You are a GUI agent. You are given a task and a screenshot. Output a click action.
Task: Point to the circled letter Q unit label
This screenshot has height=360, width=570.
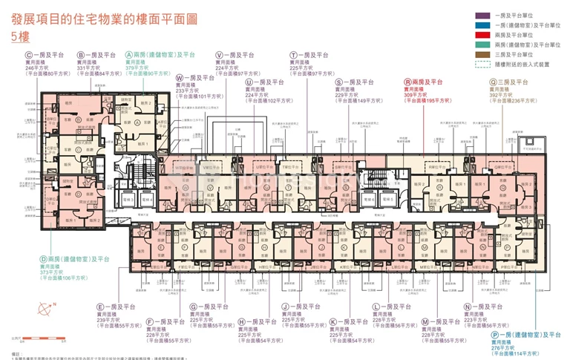pos(493,82)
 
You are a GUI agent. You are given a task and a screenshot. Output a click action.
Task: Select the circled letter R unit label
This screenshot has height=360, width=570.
pos(407,82)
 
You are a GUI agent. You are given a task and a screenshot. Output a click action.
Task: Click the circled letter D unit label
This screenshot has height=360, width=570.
pos(44,259)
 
